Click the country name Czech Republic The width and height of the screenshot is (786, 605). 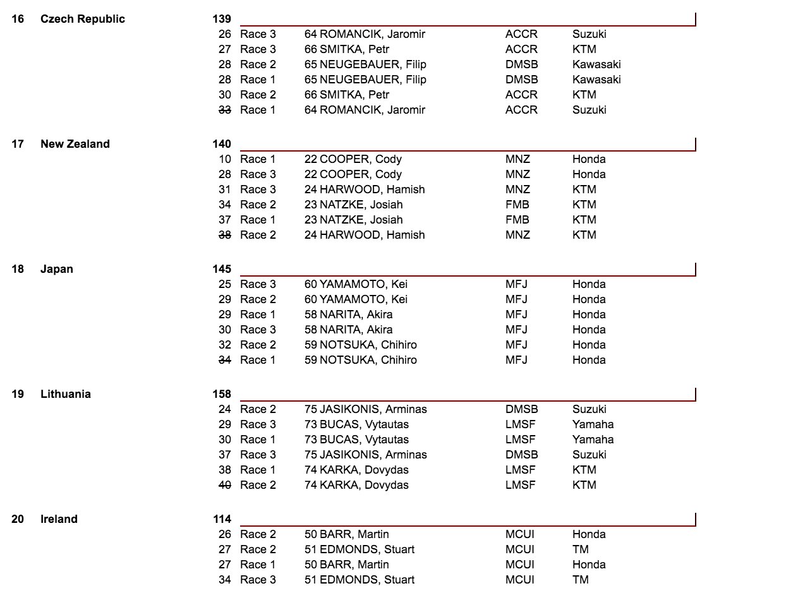82,19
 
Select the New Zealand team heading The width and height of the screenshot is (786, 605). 75,144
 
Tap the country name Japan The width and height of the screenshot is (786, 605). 56,269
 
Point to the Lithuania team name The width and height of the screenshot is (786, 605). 65,394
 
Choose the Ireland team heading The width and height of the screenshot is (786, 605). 59,519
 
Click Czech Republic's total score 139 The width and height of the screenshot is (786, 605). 222,19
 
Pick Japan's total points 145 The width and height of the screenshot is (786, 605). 222,269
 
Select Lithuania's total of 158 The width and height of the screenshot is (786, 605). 222,394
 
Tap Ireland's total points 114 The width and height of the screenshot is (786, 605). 222,519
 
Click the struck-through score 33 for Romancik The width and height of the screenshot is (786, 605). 225,110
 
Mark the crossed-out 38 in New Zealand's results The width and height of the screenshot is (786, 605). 225,235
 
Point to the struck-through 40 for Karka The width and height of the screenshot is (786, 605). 225,485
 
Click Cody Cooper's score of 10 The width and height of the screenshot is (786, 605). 225,159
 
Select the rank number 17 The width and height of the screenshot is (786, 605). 18,144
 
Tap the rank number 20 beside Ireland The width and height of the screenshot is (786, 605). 18,519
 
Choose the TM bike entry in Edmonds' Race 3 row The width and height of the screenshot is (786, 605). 580,580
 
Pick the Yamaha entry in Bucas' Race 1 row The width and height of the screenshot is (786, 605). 593,440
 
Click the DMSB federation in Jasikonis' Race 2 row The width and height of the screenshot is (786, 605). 521,409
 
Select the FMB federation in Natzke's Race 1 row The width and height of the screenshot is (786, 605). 517,220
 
